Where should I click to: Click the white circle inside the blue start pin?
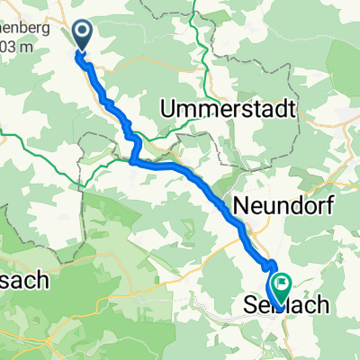pyautogui.click(x=82, y=33)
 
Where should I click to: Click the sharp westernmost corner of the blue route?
pyautogui.click(x=132, y=162)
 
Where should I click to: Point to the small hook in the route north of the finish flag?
pyautogui.click(x=269, y=264)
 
